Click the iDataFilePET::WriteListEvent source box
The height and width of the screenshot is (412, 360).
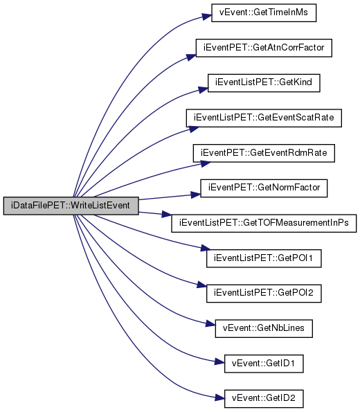pos(71,206)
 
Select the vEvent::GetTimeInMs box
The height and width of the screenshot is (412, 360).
pos(264,13)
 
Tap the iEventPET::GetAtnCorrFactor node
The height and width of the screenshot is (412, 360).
pos(264,48)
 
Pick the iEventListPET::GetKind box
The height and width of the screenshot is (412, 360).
pos(264,83)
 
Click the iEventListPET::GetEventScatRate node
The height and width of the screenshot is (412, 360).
pos(264,118)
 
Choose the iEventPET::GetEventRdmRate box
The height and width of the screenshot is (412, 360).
pos(264,153)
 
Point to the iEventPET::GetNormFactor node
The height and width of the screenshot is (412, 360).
pos(264,188)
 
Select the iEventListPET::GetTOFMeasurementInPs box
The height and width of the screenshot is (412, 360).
pos(264,224)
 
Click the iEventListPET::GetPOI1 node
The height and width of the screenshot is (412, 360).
pos(264,258)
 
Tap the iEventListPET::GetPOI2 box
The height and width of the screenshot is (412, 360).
pos(264,294)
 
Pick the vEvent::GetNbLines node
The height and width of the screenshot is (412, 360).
pos(264,328)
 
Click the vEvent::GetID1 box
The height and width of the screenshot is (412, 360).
pos(264,364)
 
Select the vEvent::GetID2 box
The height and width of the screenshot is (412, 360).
pos(264,399)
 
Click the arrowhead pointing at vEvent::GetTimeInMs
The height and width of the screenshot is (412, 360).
pos(207,17)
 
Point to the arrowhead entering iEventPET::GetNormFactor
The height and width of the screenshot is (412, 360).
pos(196,195)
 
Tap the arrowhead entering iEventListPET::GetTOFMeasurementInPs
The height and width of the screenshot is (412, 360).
pos(167,215)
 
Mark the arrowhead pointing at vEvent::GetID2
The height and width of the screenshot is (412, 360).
pos(219,397)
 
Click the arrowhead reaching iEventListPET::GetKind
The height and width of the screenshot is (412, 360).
pos(203,89)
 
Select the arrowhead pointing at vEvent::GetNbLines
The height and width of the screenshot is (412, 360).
pos(210,323)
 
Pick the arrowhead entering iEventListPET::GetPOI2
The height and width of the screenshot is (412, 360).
pos(202,285)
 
